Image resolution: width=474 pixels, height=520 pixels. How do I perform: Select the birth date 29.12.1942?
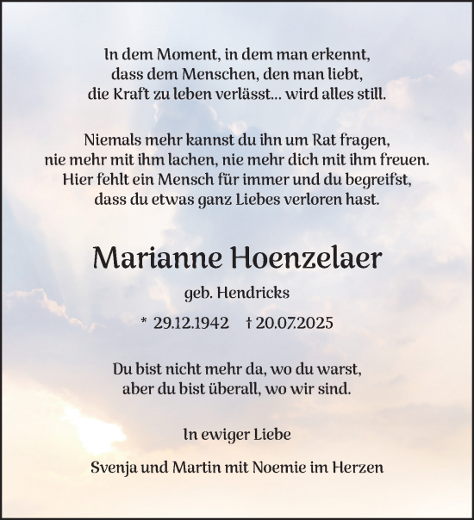[x=190, y=323]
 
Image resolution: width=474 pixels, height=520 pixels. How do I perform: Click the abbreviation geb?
[x=200, y=294]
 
